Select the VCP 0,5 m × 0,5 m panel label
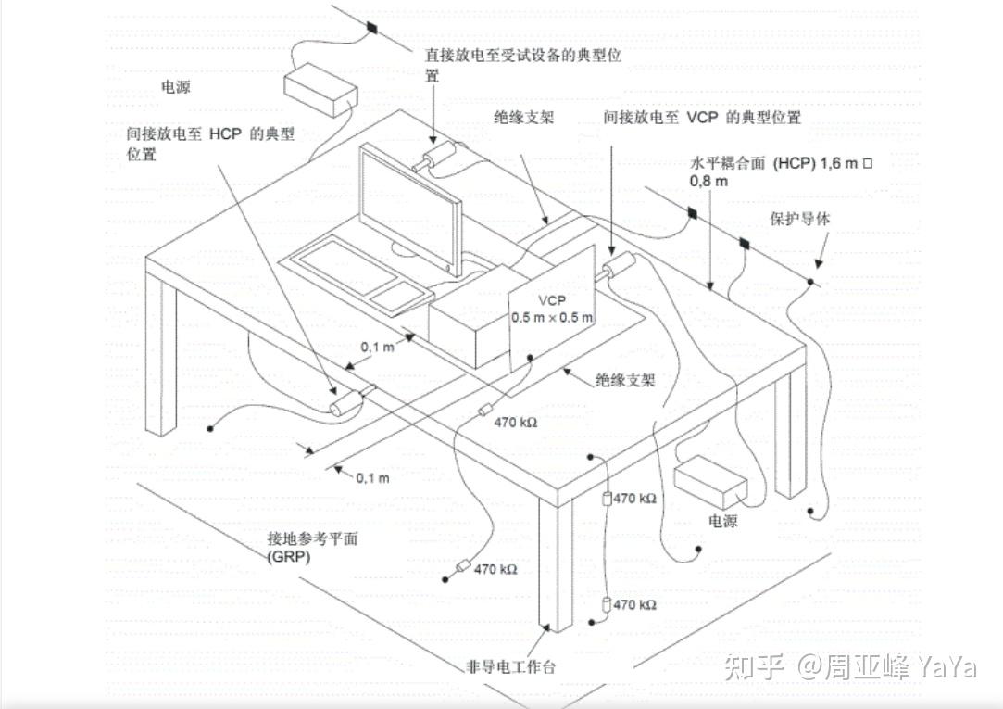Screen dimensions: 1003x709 [551, 309]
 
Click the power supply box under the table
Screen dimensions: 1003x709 [710, 481]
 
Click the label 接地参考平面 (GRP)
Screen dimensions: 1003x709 [312, 547]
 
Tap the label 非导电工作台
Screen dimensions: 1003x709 [511, 666]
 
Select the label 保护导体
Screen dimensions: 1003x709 [799, 219]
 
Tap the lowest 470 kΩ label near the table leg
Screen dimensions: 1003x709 [634, 604]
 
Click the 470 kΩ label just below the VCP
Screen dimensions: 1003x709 [516, 423]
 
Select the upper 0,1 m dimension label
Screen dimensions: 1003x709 [378, 347]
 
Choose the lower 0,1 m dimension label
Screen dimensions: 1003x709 [372, 478]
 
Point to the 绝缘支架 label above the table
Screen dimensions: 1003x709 [524, 117]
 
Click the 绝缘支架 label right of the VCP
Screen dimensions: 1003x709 [625, 380]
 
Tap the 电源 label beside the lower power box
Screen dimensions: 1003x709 [722, 521]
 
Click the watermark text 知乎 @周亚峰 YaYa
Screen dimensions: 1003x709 [851, 667]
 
